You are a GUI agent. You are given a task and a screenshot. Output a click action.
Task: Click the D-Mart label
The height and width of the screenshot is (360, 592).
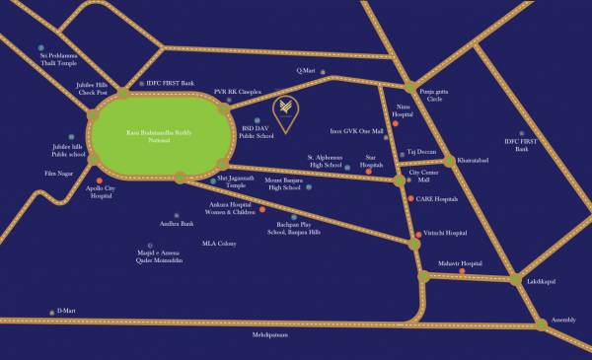coord(65,311)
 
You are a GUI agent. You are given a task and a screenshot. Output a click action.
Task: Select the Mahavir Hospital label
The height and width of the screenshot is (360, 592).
coord(460,264)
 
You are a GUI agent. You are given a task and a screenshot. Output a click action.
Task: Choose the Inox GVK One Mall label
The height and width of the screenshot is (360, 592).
coord(356,131)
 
